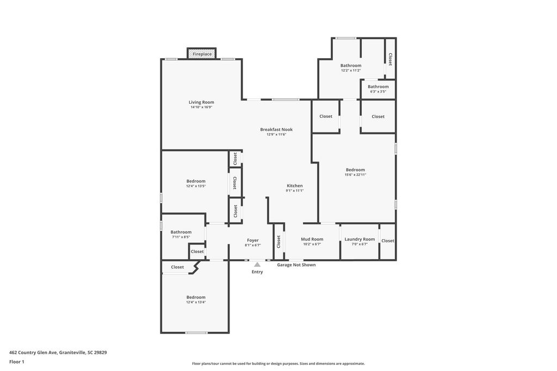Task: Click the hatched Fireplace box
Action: click(x=202, y=54)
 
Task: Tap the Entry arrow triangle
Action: click(x=257, y=265)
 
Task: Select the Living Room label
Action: click(x=201, y=102)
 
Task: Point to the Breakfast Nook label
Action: click(x=276, y=129)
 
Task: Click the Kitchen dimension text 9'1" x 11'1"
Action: click(x=295, y=191)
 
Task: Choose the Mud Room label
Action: click(x=312, y=239)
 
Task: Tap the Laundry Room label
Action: click(x=360, y=239)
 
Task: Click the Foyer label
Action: click(x=253, y=240)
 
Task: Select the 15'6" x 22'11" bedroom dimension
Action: click(x=355, y=174)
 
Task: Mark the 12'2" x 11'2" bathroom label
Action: click(x=351, y=70)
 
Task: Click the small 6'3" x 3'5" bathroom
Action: click(x=378, y=89)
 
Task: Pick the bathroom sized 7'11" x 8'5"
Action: click(x=181, y=234)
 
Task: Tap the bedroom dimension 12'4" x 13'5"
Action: click(x=196, y=186)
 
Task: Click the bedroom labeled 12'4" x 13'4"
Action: click(x=196, y=299)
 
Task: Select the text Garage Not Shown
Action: click(x=296, y=265)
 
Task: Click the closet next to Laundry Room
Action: click(x=388, y=241)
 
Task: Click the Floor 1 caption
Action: click(x=17, y=362)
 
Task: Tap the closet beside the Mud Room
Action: click(x=278, y=241)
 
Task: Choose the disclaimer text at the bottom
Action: click(x=278, y=364)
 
